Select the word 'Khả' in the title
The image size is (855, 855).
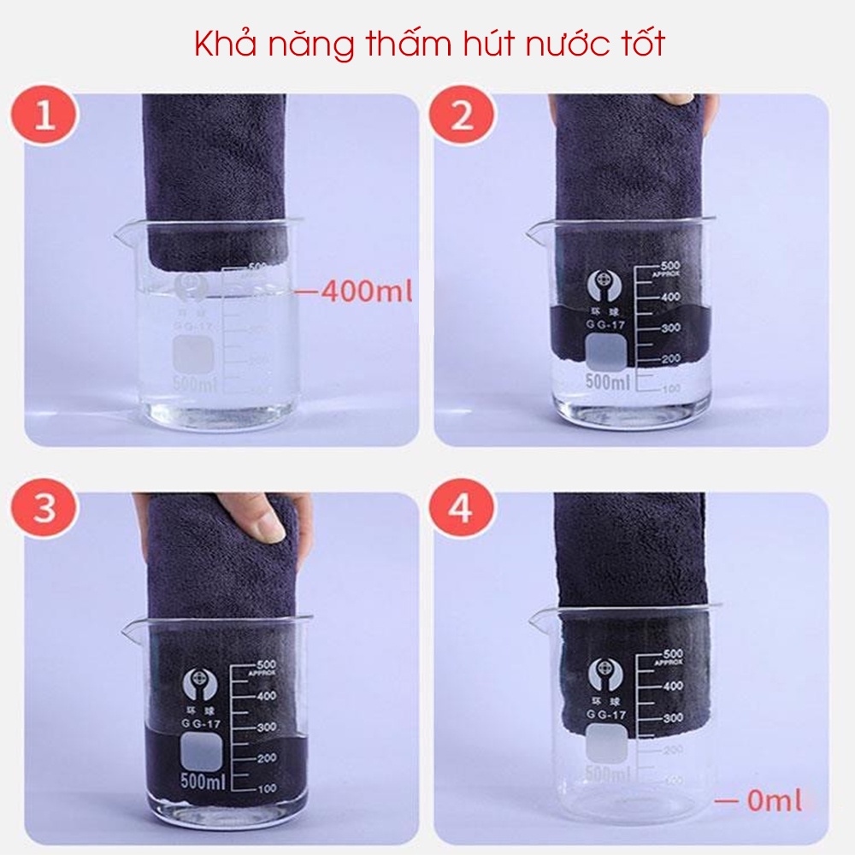[x=222, y=44]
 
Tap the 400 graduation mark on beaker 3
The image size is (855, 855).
[x=266, y=695]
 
